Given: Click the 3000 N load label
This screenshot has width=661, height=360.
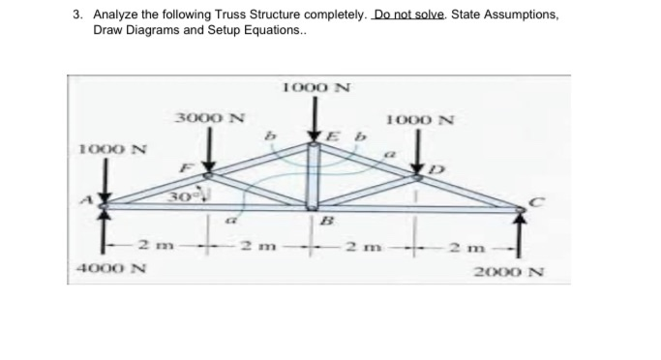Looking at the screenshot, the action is (x=209, y=119).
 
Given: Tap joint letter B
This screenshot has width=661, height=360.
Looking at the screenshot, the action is (x=326, y=221).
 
